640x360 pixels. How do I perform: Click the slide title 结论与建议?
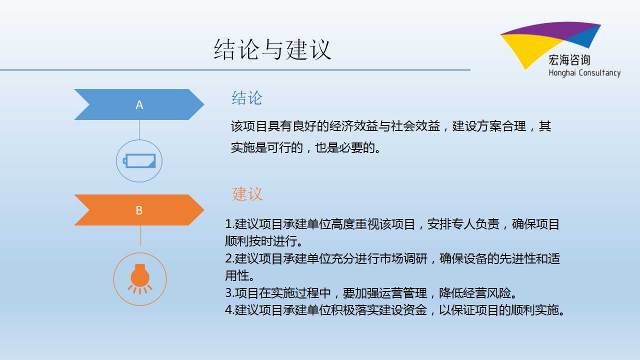click(x=272, y=49)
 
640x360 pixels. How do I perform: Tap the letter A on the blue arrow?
click(x=139, y=105)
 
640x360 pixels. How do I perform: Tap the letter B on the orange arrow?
click(x=139, y=210)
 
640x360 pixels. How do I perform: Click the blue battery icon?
click(x=139, y=161)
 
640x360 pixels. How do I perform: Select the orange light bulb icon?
click(x=140, y=279)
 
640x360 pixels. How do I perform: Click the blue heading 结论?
click(x=247, y=98)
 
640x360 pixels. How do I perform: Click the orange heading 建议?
click(x=247, y=194)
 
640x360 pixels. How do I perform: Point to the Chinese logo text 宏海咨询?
click(x=569, y=60)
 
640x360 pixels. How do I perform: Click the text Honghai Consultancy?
click(x=584, y=73)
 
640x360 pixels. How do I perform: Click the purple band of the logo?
click(x=551, y=30)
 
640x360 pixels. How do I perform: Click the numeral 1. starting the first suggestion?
click(x=229, y=224)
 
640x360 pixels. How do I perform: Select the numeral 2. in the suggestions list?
click(x=229, y=258)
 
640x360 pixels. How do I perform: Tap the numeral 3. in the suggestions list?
click(x=229, y=293)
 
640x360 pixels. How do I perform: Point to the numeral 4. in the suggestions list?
click(x=229, y=310)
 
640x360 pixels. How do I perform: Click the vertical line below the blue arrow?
click(x=139, y=129)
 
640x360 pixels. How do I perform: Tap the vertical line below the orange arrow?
click(x=140, y=235)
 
